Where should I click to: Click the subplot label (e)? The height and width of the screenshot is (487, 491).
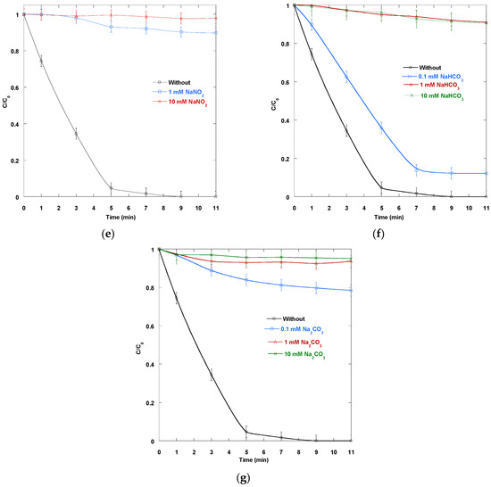point(108,234)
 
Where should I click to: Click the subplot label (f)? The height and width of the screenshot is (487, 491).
point(379,234)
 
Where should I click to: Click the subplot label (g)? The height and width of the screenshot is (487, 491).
point(244,477)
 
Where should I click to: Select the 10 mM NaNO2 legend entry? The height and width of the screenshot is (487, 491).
point(179,102)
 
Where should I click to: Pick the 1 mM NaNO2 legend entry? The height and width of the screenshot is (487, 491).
point(179,92)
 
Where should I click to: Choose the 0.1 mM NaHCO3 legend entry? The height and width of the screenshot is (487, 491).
point(433,77)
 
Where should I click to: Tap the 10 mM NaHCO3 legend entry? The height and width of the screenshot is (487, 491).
point(435,96)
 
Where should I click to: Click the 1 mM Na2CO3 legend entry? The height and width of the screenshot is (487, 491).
point(295,343)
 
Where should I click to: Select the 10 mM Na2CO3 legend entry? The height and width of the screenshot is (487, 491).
point(296,354)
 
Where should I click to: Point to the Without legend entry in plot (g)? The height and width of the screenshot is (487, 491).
point(286,318)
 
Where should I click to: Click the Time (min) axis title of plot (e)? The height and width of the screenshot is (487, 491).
point(121,217)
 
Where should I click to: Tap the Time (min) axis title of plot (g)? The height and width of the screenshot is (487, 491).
point(254,459)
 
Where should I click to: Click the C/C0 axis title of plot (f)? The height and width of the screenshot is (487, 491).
point(274,103)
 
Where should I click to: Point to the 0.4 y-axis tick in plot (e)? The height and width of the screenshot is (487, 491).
point(14,124)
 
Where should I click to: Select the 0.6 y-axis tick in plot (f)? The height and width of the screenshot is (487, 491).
point(285,82)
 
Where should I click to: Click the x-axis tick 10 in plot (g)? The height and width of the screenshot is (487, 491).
point(334,452)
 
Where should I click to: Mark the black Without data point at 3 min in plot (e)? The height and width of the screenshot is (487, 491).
point(76,134)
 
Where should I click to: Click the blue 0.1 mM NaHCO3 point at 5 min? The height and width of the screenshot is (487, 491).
point(381,128)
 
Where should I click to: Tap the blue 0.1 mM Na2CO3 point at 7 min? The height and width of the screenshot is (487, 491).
point(281,285)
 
